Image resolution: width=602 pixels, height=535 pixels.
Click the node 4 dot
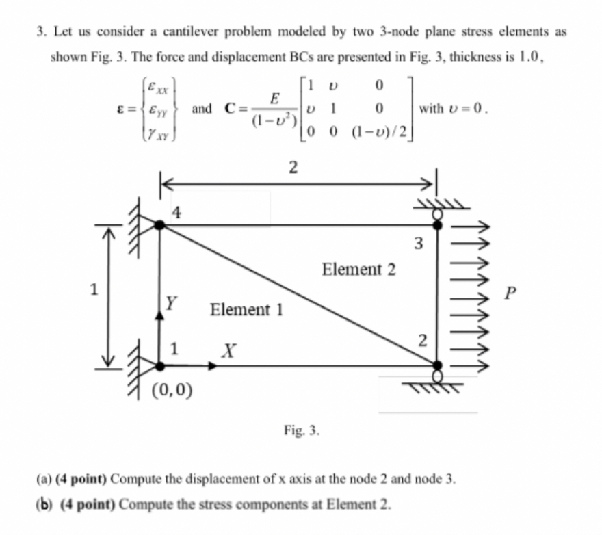(x=159, y=224)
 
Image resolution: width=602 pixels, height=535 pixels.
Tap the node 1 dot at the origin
(x=159, y=366)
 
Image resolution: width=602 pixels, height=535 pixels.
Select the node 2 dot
(x=438, y=366)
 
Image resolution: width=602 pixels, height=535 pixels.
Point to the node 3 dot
(x=438, y=224)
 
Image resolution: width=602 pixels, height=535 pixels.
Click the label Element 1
(x=246, y=310)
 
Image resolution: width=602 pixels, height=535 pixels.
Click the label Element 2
(x=358, y=269)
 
